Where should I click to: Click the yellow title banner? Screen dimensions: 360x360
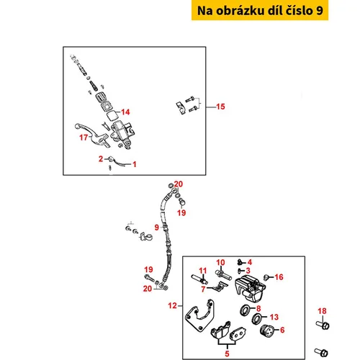pyautogui.click(x=260, y=10)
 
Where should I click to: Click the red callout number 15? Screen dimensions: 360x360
pyautogui.click(x=220, y=107)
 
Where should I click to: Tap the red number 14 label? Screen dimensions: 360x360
pyautogui.click(x=125, y=112)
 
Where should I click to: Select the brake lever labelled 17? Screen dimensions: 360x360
pyautogui.click(x=92, y=135)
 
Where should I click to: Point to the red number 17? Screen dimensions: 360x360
pyautogui.click(x=84, y=138)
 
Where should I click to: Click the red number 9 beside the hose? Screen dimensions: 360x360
pyautogui.click(x=156, y=227)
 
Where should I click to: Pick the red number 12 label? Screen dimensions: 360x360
pyautogui.click(x=172, y=305)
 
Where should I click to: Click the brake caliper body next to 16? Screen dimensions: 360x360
pyautogui.click(x=251, y=288)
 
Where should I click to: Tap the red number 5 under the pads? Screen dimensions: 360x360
pyautogui.click(x=227, y=354)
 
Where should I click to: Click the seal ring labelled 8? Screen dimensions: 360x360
pyautogui.click(x=246, y=310)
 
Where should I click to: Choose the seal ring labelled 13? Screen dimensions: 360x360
pyautogui.click(x=257, y=319)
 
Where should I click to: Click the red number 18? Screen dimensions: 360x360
pyautogui.click(x=322, y=311)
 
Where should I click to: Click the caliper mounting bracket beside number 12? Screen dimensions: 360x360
pyautogui.click(x=199, y=315)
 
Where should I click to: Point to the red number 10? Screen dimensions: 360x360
pyautogui.click(x=220, y=262)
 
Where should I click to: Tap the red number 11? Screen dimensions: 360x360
pyautogui.click(x=203, y=271)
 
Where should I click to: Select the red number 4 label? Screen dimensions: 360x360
pyautogui.click(x=250, y=262)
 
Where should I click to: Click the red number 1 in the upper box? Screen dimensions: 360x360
pyautogui.click(x=135, y=164)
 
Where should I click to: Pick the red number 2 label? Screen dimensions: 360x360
pyautogui.click(x=101, y=158)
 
